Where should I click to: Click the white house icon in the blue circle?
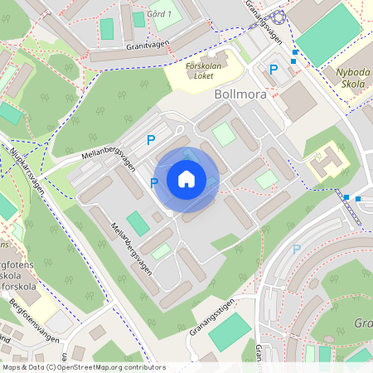(186, 178)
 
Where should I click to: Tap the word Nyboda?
(352, 72)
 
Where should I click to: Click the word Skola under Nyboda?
(353, 84)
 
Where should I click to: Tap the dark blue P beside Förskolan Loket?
(273, 70)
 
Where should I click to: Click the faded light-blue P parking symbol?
(296, 249)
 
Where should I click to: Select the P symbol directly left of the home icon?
(154, 182)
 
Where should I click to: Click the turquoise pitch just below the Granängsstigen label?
(229, 332)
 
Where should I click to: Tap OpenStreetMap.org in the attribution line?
(90, 366)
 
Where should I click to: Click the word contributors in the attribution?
(143, 366)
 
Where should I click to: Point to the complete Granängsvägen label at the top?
(264, 21)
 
